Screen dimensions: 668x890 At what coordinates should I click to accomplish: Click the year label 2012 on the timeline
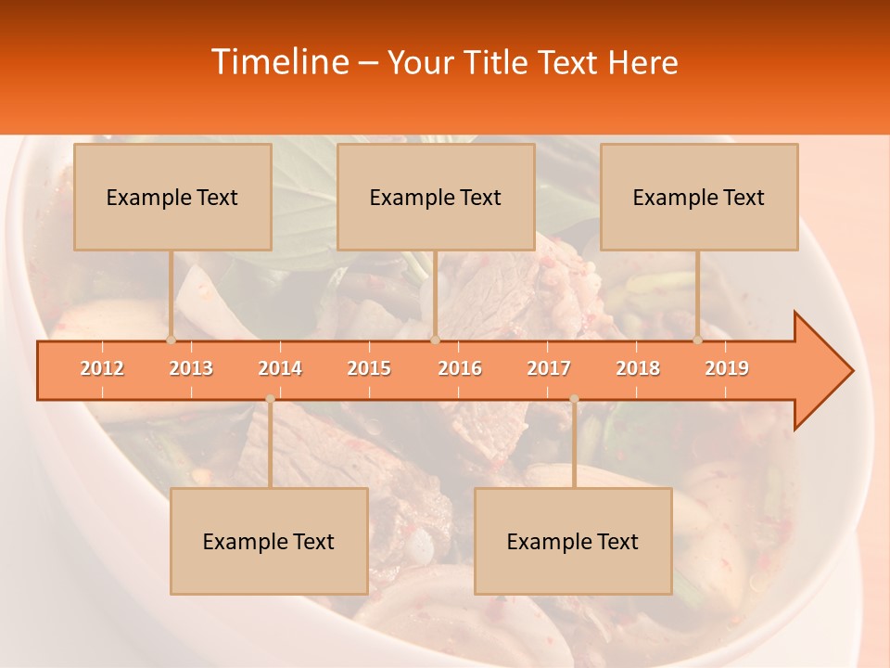click(x=102, y=368)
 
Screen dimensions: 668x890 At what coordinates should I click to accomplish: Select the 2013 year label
click(x=191, y=368)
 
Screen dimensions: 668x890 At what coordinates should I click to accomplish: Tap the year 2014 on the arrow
click(x=280, y=368)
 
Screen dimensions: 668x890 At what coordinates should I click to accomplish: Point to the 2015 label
click(x=369, y=368)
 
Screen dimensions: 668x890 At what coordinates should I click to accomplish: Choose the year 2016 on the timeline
click(x=460, y=368)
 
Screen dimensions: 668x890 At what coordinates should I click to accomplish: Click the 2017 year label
click(x=549, y=368)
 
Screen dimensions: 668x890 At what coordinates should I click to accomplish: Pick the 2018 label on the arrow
click(x=638, y=368)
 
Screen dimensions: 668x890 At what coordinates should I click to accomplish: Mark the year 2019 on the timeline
click(x=727, y=368)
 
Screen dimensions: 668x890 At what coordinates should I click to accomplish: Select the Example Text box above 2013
click(x=172, y=198)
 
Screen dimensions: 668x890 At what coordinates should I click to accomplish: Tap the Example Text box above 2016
click(x=436, y=198)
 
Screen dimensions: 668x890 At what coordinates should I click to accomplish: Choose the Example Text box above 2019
click(x=699, y=198)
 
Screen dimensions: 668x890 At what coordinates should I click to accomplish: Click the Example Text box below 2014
click(x=269, y=542)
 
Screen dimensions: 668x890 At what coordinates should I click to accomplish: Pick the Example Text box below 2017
click(x=573, y=542)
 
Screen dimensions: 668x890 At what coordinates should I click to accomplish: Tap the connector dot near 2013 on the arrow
click(x=171, y=340)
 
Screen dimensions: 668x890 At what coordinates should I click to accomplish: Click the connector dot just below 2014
click(x=270, y=399)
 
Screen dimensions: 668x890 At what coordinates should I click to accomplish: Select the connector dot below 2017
click(x=574, y=399)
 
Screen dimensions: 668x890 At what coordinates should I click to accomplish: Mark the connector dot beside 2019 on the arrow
click(x=697, y=340)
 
